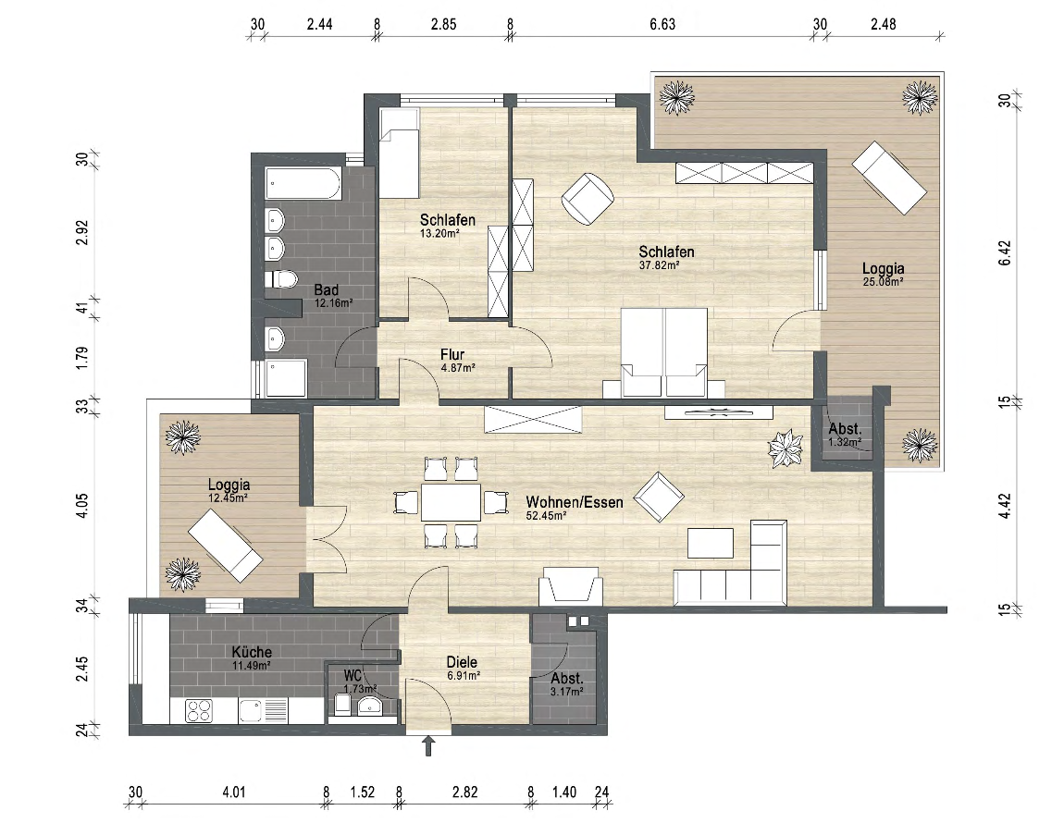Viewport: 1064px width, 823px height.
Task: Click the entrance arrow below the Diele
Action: [429, 747]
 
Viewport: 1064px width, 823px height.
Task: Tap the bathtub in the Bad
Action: [303, 184]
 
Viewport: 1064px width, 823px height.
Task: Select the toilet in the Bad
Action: [281, 279]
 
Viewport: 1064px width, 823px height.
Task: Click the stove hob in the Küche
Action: [199, 711]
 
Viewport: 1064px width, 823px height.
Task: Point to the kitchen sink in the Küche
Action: [264, 711]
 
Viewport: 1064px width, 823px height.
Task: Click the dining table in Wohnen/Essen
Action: [451, 502]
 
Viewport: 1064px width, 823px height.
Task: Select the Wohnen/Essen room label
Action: [574, 502]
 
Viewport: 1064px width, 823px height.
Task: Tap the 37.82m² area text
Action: [659, 265]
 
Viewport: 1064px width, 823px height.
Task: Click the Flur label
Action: [452, 354]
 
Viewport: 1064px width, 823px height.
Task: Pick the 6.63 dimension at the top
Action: [662, 24]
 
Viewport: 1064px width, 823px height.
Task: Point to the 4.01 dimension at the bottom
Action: [233, 792]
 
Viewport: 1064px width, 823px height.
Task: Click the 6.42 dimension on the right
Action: [1006, 253]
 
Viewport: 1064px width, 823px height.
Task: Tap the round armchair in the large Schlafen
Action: [588, 198]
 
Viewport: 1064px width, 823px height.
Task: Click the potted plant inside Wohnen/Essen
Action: [786, 448]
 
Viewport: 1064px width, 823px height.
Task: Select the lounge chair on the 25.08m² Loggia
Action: [890, 178]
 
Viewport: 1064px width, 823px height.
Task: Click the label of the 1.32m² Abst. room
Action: [845, 429]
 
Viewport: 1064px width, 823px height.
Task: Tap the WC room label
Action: [353, 675]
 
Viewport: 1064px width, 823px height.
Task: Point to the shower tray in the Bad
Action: [287, 378]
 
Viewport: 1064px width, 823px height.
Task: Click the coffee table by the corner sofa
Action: [711, 543]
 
